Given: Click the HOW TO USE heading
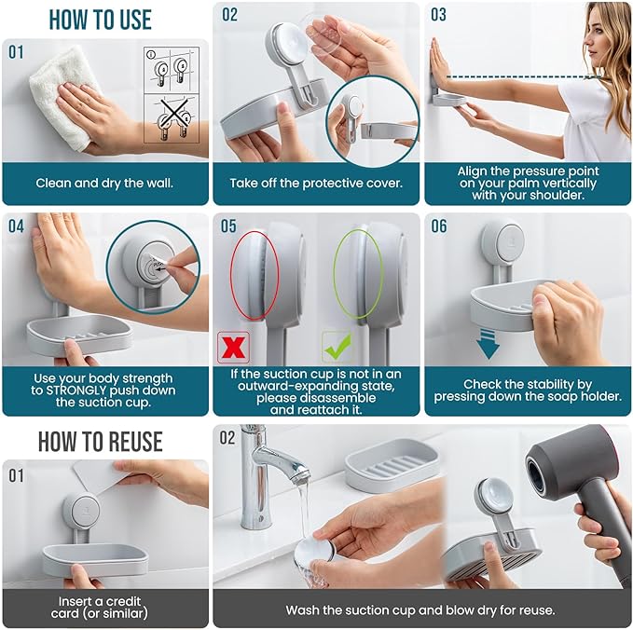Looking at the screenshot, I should [100, 19].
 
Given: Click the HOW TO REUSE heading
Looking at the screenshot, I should [100, 441].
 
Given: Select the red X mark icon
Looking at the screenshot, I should [231, 346].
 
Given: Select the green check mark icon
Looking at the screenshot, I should [337, 346].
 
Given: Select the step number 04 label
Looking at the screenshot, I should [17, 226].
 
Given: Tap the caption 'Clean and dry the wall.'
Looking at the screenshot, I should [104, 183].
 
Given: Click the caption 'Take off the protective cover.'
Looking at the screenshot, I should [316, 183].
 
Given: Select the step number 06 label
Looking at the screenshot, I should [439, 226].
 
